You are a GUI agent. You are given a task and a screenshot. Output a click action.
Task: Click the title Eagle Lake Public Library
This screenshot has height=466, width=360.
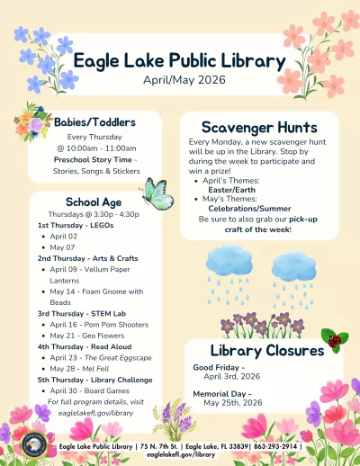(x=180, y=60)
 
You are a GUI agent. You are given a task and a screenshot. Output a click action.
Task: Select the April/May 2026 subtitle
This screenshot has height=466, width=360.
(x=180, y=80)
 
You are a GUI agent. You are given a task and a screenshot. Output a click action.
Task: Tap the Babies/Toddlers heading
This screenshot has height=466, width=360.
(x=94, y=121)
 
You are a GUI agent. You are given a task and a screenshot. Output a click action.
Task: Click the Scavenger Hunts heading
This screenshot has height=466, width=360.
(x=258, y=127)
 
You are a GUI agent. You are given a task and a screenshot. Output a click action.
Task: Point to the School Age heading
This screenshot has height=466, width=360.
(x=94, y=202)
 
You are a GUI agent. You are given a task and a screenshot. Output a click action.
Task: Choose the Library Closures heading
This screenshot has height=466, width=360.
(x=266, y=350)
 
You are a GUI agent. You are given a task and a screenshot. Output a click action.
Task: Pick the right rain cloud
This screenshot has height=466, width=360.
(x=293, y=266)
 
